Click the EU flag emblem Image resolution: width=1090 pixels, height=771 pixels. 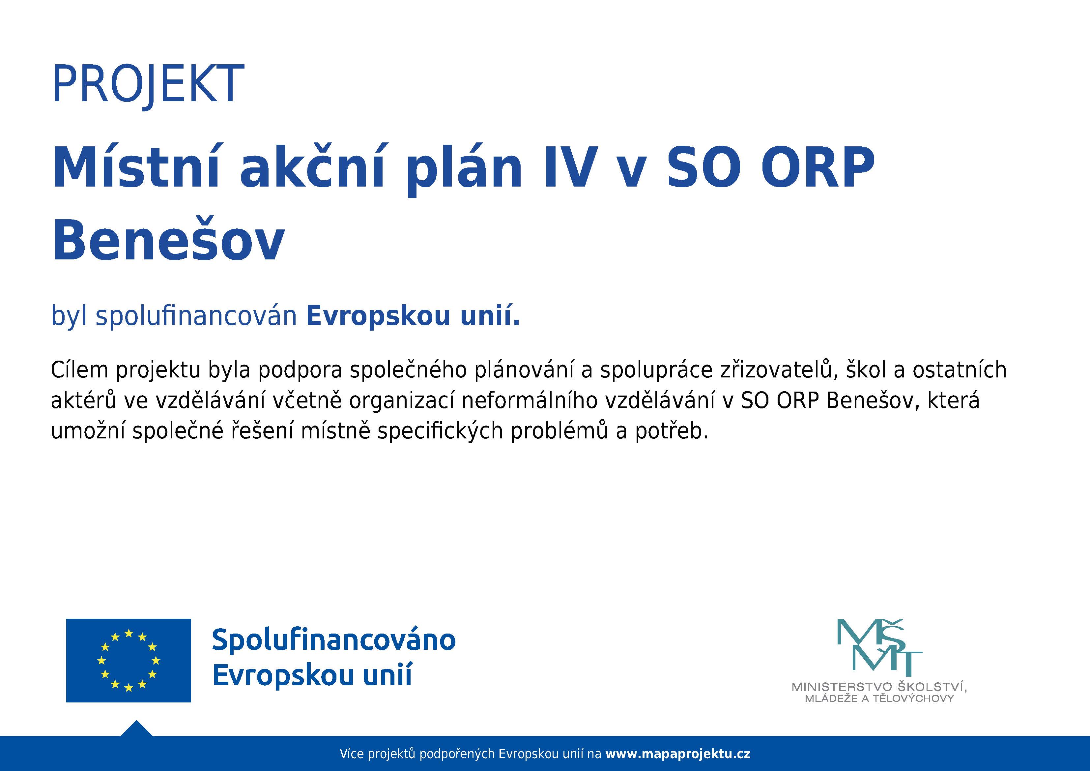click(x=128, y=660)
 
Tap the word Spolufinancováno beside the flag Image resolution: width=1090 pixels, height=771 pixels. click(x=333, y=640)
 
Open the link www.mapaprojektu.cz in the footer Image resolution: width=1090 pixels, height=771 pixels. click(x=678, y=754)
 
